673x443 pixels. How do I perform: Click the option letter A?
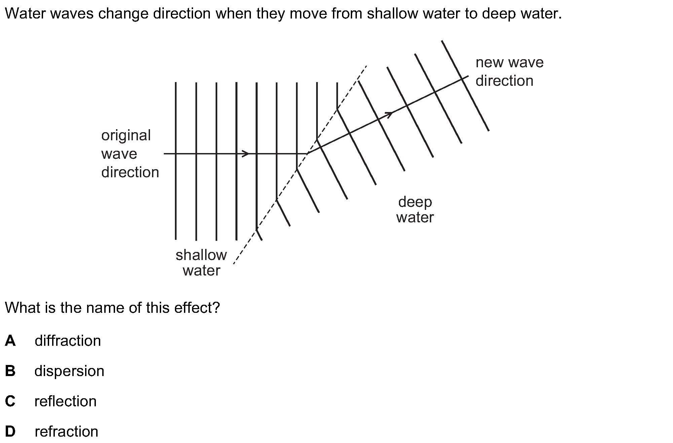pyautogui.click(x=10, y=341)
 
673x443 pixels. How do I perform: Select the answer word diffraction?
pyautogui.click(x=68, y=341)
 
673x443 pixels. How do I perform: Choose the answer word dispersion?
pyautogui.click(x=69, y=371)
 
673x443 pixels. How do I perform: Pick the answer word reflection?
pyautogui.click(x=66, y=401)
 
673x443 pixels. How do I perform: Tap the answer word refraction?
pyautogui.click(x=66, y=432)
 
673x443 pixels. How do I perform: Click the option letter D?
pyautogui.click(x=10, y=432)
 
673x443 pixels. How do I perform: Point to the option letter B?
pyautogui.click(x=10, y=371)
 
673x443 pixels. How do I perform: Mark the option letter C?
pyautogui.click(x=10, y=401)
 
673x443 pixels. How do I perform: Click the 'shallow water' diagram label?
pyautogui.click(x=201, y=263)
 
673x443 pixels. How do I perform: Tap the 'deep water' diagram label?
pyautogui.click(x=415, y=210)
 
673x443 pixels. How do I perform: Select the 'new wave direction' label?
pyautogui.click(x=509, y=72)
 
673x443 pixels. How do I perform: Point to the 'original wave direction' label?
pyautogui.click(x=130, y=154)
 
